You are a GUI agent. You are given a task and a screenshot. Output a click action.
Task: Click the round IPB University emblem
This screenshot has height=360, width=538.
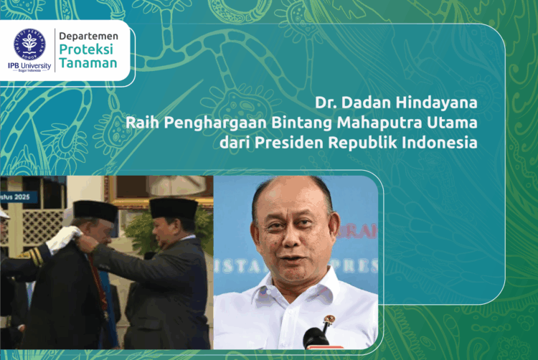[29, 44]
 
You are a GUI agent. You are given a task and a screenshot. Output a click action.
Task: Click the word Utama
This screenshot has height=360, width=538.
[455, 123]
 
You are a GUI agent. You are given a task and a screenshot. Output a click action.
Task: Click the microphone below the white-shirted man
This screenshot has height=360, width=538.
[316, 338]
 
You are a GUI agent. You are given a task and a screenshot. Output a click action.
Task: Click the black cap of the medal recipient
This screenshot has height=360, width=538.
[95, 210]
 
